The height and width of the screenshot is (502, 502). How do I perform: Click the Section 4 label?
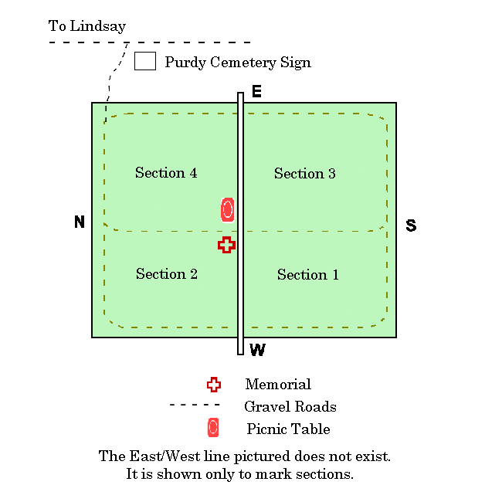[166, 173]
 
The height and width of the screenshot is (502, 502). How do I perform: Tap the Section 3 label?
[304, 174]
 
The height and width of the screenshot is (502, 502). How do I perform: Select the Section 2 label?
[167, 274]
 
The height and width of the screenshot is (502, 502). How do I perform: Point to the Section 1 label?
[307, 275]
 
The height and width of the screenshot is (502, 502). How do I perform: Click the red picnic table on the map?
[227, 209]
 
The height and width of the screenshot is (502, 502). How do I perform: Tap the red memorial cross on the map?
[226, 245]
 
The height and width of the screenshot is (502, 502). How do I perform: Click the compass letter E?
[256, 93]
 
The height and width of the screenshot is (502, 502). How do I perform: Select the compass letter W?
[257, 351]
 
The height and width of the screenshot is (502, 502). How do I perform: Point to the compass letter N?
[79, 222]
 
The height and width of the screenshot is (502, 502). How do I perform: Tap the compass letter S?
[411, 226]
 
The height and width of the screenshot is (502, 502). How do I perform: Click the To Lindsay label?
[86, 26]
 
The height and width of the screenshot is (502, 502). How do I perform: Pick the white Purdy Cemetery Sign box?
[145, 61]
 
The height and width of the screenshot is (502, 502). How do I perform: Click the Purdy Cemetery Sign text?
[238, 62]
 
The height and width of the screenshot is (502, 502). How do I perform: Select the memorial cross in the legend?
[214, 385]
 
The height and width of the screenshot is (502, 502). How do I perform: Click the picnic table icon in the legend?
[213, 428]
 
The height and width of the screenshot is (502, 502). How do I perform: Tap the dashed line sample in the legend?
[195, 405]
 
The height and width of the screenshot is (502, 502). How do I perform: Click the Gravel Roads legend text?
[290, 406]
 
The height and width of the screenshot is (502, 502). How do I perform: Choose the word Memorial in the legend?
[278, 385]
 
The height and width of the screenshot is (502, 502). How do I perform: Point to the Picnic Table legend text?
[288, 429]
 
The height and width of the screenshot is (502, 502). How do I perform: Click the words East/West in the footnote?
[159, 456]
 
